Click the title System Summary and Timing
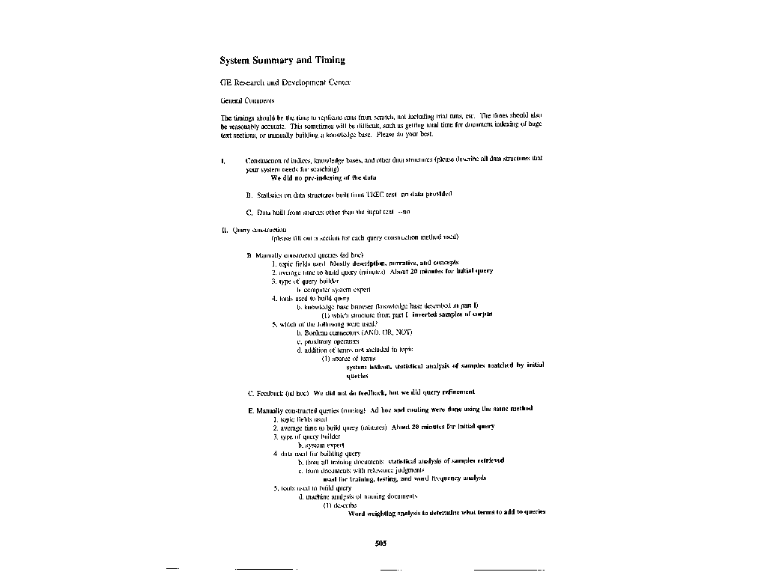click(282, 60)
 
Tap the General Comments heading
click(247, 100)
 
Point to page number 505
click(381, 544)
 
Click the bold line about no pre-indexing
click(323, 178)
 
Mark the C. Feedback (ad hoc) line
click(361, 392)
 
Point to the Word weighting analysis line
click(446, 514)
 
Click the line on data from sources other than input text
click(328, 213)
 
